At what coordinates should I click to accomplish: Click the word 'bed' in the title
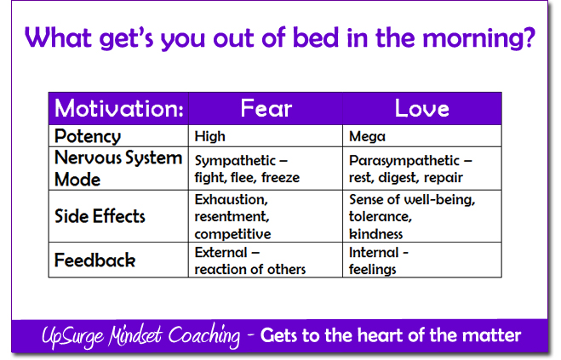click(x=316, y=37)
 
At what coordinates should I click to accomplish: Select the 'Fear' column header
click(x=266, y=108)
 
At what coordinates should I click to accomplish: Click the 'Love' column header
click(x=422, y=108)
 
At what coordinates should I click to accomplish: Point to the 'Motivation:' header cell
click(x=119, y=108)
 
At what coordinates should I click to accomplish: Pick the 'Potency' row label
click(x=88, y=137)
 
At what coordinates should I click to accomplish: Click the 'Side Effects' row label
click(x=100, y=216)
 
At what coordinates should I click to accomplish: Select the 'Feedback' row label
click(x=94, y=260)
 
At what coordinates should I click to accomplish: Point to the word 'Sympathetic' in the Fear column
click(x=235, y=161)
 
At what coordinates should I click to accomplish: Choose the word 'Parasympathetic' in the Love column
click(x=404, y=161)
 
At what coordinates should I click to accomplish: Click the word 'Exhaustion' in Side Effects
click(x=232, y=200)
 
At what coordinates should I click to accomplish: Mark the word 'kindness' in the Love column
click(x=376, y=234)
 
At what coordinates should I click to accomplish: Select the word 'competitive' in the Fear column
click(x=233, y=235)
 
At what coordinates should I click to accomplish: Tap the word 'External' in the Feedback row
click(x=220, y=253)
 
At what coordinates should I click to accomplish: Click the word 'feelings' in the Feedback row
click(x=373, y=270)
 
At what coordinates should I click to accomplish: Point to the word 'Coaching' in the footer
click(x=204, y=335)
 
